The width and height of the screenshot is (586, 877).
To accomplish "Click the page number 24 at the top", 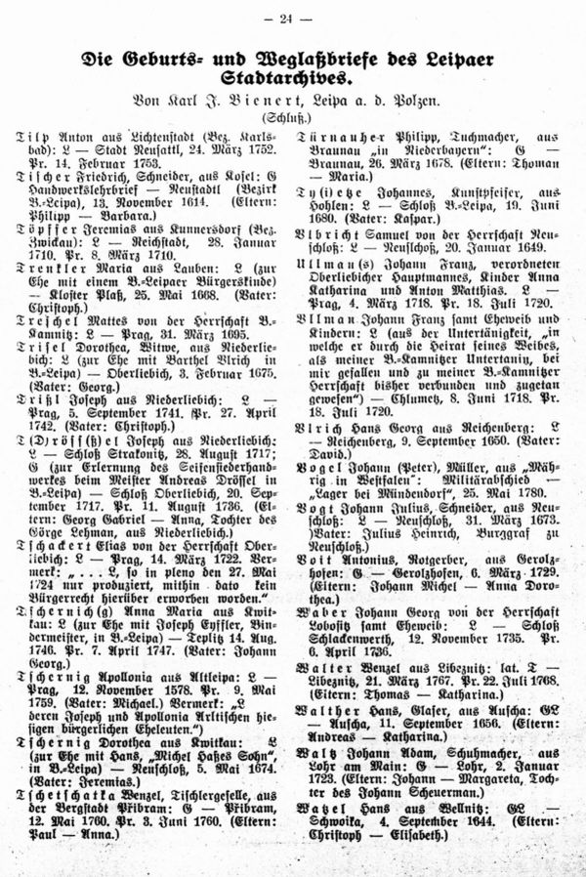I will pos(293,18).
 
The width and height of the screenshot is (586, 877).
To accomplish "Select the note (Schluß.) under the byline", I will pos(293,116).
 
